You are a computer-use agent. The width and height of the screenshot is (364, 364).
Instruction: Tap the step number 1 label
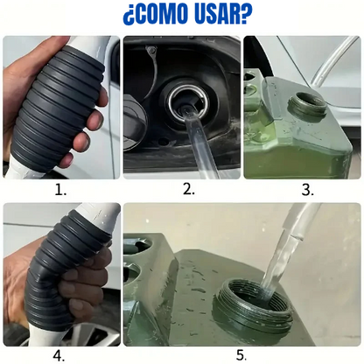60,190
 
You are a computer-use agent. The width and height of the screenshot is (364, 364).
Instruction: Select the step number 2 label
189,189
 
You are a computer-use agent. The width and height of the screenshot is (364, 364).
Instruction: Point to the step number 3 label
308,190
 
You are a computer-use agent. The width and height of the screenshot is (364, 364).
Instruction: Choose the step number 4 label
59,356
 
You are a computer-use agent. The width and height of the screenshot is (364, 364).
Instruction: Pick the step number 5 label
241,355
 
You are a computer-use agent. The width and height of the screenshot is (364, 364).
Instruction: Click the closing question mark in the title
247,13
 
